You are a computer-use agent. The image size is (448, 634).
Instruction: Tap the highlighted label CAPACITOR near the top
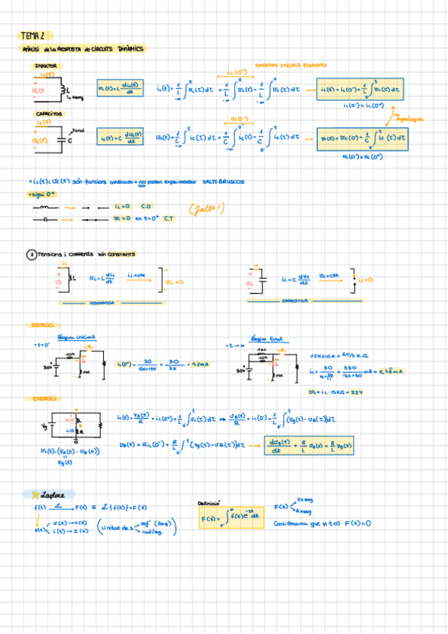click(x=49, y=114)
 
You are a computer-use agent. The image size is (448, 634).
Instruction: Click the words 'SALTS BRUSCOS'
click(x=223, y=182)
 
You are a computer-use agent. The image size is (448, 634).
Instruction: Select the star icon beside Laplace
click(x=35, y=494)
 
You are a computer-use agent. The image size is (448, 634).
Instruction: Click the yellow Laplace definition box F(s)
click(x=231, y=517)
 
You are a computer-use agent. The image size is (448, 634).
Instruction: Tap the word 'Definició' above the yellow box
click(x=208, y=503)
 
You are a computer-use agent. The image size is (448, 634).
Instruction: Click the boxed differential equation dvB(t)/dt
click(x=310, y=446)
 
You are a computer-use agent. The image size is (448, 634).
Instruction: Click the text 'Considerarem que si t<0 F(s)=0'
click(x=322, y=523)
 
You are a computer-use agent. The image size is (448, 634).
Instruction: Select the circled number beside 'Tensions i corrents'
click(x=31, y=254)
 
